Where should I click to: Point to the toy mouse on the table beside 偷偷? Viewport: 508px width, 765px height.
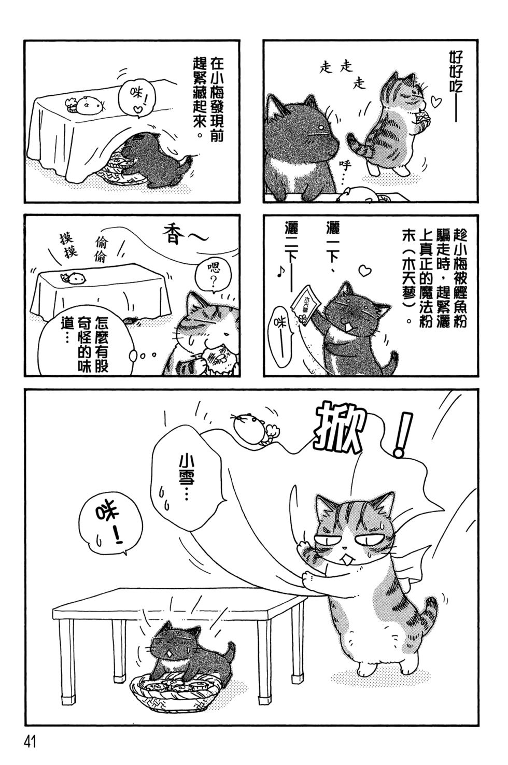pyautogui.click(x=75, y=277)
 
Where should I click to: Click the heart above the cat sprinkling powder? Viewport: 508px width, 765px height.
pyautogui.click(x=365, y=270)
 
